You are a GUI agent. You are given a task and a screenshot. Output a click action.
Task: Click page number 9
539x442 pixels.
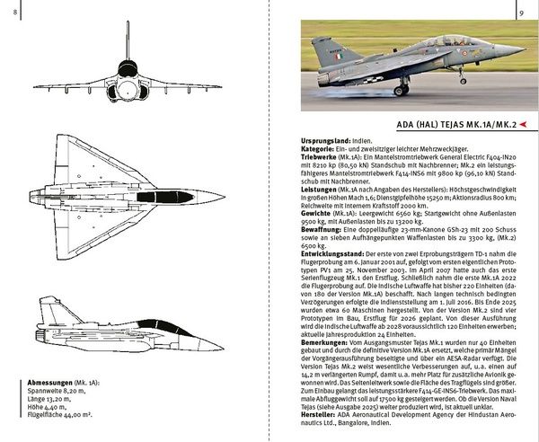click(x=521, y=12)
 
